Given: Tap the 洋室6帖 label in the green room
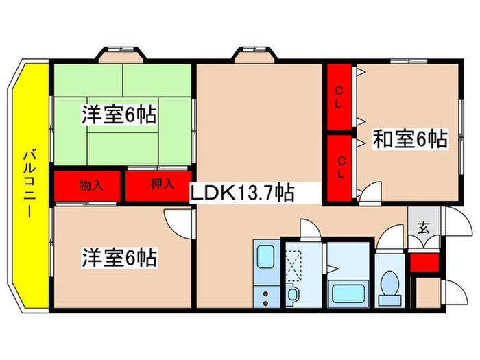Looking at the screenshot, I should (119, 115).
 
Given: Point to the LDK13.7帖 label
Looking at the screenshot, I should (243, 193).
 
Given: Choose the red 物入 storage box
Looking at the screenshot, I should (90, 185).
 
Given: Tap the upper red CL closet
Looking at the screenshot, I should (339, 97).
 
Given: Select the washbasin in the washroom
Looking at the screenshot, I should (293, 295).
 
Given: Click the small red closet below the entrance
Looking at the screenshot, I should (424, 263).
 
